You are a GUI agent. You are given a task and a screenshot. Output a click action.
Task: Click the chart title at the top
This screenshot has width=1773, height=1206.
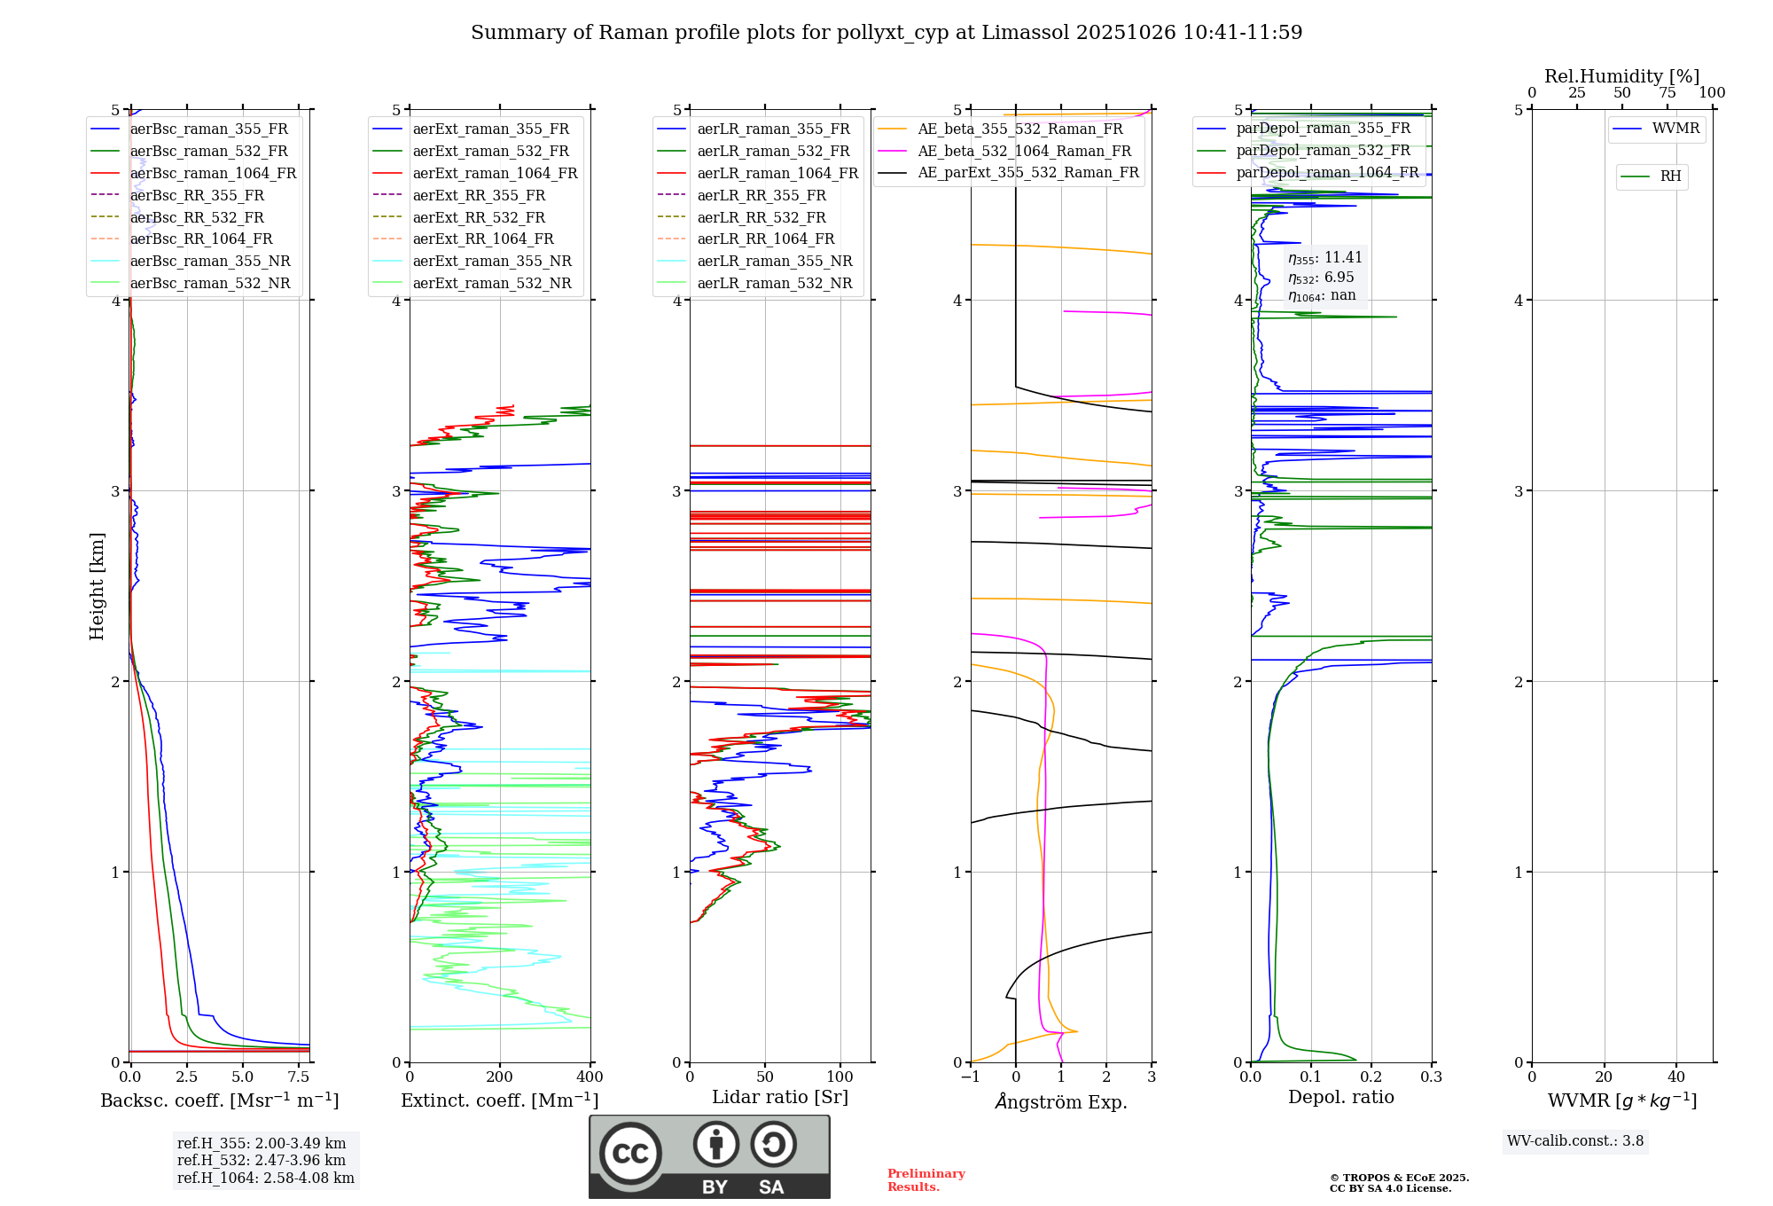[x=886, y=33]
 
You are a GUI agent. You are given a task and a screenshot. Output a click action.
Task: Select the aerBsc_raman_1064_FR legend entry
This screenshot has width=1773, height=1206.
[x=213, y=173]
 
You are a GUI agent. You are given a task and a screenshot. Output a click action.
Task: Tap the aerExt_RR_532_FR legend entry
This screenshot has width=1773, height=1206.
[x=479, y=217]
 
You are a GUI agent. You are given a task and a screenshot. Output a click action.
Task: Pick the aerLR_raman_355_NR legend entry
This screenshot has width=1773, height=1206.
[x=774, y=261]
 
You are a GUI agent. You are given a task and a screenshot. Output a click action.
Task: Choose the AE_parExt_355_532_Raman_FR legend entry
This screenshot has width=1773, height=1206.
[x=1027, y=172]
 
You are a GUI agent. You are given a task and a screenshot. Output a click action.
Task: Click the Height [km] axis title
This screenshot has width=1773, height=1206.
[x=97, y=585]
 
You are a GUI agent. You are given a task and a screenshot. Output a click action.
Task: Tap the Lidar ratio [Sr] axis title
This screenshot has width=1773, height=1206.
[x=780, y=1097]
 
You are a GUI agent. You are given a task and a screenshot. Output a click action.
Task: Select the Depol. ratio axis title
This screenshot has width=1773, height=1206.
[x=1340, y=1097]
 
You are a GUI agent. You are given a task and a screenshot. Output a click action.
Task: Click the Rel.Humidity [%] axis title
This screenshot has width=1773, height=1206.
[x=1621, y=76]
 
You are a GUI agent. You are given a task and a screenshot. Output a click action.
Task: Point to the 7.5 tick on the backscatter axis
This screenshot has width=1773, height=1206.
[x=299, y=1077]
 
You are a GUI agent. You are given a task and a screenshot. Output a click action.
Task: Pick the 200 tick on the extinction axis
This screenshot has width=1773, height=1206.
[x=500, y=1077]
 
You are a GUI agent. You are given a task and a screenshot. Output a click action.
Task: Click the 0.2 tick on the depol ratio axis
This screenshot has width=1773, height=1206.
[x=1371, y=1077]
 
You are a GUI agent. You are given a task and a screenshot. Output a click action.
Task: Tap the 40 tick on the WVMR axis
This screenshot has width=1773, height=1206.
[x=1675, y=1077]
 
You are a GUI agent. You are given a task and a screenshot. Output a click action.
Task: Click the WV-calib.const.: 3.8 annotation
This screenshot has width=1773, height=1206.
[x=1575, y=1141]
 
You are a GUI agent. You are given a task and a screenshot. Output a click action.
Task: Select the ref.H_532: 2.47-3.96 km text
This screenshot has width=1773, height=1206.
[x=262, y=1160]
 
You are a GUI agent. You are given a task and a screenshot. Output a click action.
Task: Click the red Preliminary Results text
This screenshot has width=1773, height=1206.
[x=926, y=1180]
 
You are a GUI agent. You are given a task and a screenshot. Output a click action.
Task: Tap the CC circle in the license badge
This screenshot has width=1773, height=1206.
[x=630, y=1154]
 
